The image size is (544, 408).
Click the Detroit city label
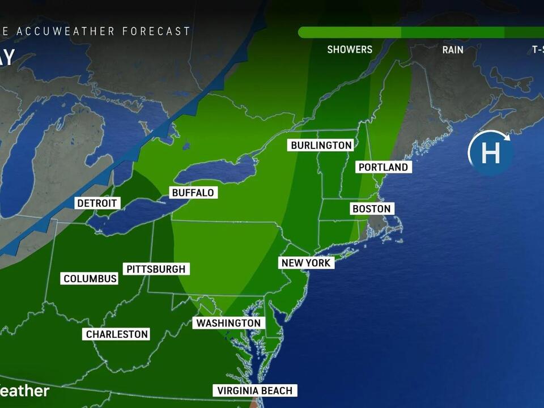(x=97, y=203)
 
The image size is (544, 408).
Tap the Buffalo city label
(x=193, y=193)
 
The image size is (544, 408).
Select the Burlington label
(x=321, y=146)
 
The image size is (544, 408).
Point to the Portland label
(x=383, y=167)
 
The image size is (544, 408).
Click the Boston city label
(x=372, y=209)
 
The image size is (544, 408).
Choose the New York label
(x=306, y=263)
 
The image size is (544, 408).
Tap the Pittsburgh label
(x=156, y=269)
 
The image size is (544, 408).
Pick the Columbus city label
(x=90, y=279)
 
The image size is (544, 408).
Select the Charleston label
(x=117, y=334)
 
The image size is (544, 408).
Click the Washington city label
(x=228, y=323)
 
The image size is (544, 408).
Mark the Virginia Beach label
(x=255, y=390)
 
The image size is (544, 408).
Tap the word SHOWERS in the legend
(x=350, y=50)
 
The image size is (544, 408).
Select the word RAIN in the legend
(x=453, y=50)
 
